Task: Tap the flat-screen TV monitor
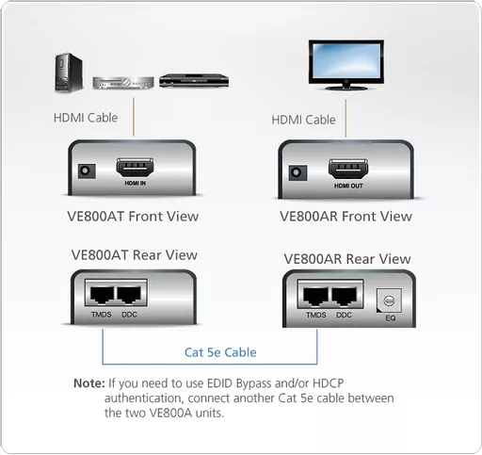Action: tap(345, 63)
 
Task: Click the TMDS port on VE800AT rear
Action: tap(101, 293)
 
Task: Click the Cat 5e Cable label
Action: tap(219, 352)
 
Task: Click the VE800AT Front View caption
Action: tap(133, 216)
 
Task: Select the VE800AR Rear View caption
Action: tap(346, 258)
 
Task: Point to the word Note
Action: tap(88, 383)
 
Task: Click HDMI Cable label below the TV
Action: tap(303, 120)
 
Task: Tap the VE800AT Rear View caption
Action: tap(134, 254)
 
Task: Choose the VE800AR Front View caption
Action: tap(345, 216)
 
